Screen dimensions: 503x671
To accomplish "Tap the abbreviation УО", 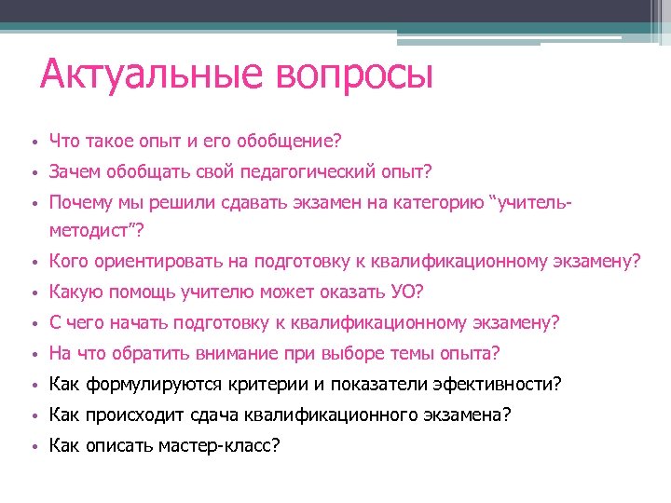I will pos(402,292).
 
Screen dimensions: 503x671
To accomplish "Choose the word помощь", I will pos(140,292).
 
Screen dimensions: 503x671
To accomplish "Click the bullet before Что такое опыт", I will pos(32,143).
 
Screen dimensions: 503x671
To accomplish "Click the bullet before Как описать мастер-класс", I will pos(32,447).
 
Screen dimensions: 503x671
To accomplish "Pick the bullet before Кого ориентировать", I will pos(32,263).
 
